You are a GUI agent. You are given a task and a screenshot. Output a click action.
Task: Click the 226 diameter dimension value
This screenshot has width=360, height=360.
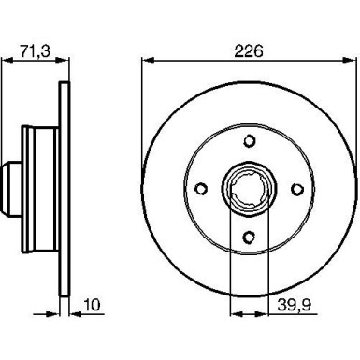249,50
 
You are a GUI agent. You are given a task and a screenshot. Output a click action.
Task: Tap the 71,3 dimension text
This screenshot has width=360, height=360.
35,50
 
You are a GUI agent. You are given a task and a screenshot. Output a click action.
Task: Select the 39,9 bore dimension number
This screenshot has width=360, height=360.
294,305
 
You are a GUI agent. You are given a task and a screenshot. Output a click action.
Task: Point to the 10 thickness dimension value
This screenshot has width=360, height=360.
93,305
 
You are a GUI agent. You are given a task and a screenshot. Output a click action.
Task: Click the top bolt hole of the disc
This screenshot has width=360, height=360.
249,140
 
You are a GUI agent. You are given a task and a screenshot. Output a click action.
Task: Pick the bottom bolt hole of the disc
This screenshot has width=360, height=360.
249,238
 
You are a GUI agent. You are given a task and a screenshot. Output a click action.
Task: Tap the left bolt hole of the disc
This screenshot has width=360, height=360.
201,189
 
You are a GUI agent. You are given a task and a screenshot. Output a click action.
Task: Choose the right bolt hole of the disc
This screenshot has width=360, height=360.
297,189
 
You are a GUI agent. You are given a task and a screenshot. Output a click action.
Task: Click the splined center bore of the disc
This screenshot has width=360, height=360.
249,189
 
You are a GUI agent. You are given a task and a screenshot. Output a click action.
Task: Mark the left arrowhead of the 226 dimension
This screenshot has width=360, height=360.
148,60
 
